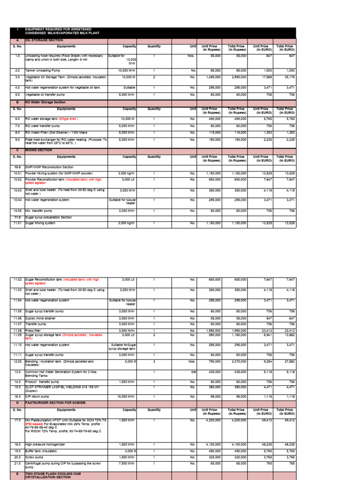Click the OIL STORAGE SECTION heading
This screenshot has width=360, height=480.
point(44,40)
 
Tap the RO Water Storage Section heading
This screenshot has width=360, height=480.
point(45,101)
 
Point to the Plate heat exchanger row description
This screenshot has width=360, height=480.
point(66,141)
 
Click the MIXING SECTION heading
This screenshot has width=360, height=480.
point(37,150)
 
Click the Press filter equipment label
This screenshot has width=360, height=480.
point(33,330)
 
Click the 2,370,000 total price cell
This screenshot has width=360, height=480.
point(238,362)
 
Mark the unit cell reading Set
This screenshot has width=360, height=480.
point(193,372)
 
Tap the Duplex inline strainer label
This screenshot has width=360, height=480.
point(41,318)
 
